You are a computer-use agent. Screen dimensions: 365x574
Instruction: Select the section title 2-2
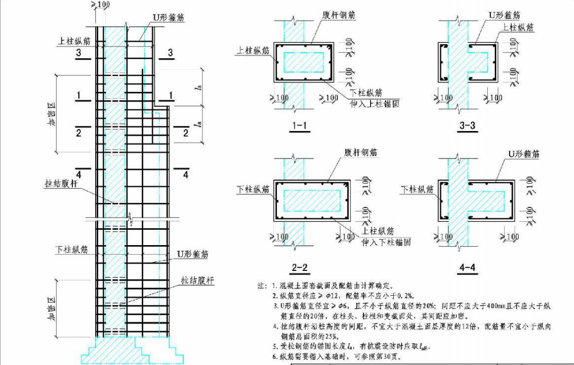coord(300,267)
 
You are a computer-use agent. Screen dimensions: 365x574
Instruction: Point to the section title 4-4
coord(468,267)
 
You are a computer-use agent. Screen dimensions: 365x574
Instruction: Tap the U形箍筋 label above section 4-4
coord(524,154)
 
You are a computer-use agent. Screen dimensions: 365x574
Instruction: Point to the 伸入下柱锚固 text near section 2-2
coord(386,242)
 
